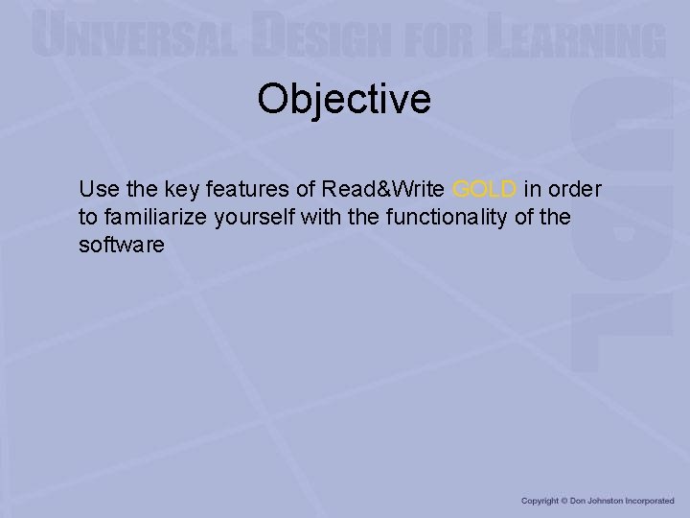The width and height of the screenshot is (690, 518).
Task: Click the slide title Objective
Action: tap(344, 99)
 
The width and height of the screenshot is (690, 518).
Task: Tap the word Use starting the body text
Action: tap(97, 188)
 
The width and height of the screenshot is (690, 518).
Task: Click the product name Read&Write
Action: tap(382, 188)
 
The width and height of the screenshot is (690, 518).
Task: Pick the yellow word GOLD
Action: tap(484, 188)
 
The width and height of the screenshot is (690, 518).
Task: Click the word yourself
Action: tap(254, 217)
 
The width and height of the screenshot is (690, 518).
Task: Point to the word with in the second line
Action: tap(322, 217)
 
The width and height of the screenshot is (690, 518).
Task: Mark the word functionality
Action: tap(447, 217)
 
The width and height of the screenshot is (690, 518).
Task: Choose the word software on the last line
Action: tap(122, 246)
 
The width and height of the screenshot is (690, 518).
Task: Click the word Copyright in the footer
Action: tap(540, 501)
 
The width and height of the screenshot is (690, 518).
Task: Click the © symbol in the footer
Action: tap(565, 501)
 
